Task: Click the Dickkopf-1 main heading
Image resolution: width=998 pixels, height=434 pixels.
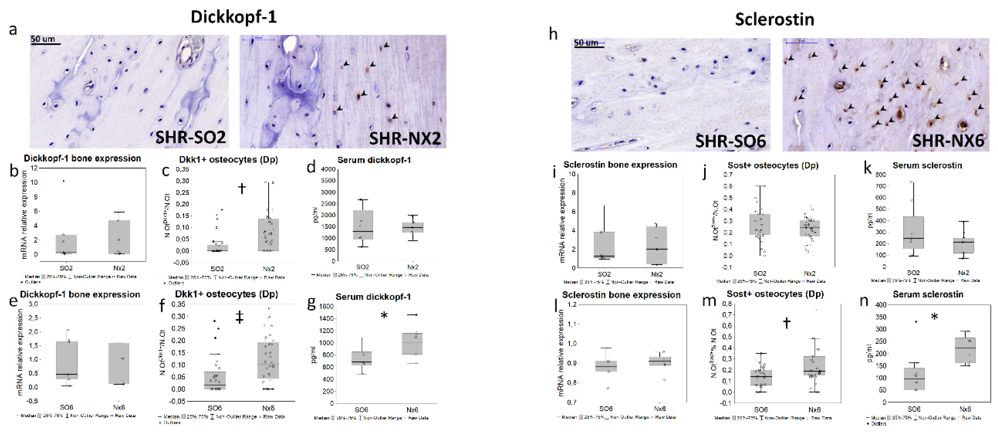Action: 234,17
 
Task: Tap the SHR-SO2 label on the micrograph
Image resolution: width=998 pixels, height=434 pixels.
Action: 191,137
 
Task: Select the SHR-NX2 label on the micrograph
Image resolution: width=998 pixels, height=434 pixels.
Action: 405,139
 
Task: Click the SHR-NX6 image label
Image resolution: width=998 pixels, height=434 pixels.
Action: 948,141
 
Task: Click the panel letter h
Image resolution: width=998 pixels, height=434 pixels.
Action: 553,34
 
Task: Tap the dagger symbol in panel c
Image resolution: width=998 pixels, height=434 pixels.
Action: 242,188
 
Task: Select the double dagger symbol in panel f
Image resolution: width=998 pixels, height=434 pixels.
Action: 240,318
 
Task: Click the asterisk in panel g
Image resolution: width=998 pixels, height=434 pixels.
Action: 384,316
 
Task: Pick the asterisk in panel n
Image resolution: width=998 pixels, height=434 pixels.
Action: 934,317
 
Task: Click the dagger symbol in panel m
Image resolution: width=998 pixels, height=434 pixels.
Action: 786,323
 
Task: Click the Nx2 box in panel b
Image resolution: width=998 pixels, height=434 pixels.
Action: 119,237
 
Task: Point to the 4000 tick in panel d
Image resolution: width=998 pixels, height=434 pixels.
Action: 328,169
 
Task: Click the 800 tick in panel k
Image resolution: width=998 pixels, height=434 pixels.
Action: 880,175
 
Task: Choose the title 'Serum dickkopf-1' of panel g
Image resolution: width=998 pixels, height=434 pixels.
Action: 373,297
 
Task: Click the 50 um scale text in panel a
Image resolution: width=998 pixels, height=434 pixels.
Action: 42,39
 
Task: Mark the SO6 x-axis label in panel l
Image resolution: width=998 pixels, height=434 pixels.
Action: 606,408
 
